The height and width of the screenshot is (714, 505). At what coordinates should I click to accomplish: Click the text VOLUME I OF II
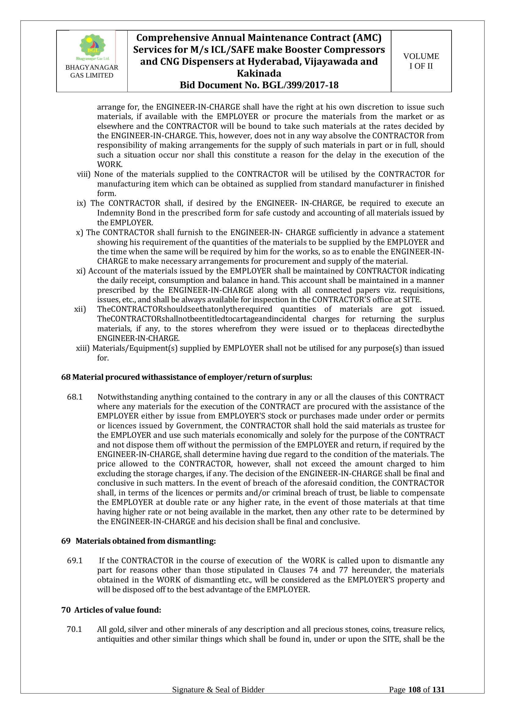click(421, 61)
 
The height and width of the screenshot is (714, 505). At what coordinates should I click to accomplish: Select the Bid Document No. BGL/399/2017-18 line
click(259, 85)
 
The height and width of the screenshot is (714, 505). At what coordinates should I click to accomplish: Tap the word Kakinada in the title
click(259, 73)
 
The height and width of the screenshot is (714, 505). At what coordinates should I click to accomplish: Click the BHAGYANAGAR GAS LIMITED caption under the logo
click(92, 71)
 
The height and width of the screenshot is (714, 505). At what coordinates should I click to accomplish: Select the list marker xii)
click(80, 309)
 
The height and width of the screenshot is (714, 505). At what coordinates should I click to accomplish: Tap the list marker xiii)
click(83, 348)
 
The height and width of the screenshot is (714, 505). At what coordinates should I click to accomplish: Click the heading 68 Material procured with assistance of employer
click(187, 377)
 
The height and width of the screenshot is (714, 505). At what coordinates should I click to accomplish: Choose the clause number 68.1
click(74, 397)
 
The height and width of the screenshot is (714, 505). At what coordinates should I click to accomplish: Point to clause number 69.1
click(74, 561)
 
